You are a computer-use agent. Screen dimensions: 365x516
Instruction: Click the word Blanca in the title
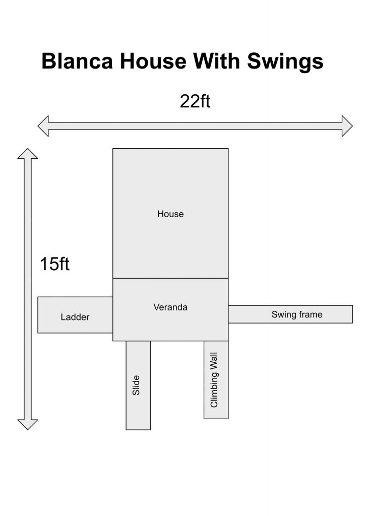[77, 61]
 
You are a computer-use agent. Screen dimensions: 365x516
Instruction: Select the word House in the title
[153, 61]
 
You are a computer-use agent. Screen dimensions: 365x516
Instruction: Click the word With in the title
[217, 61]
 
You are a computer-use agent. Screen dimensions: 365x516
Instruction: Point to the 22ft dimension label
[195, 101]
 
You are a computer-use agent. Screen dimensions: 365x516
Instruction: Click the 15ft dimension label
[54, 264]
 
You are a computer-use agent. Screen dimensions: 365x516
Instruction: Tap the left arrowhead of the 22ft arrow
[43, 126]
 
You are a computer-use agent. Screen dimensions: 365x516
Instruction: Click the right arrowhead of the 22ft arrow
[347, 126]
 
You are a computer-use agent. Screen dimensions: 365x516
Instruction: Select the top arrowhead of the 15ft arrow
[28, 154]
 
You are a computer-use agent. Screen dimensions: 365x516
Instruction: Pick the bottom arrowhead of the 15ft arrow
[28, 424]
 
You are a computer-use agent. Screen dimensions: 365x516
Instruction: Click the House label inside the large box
[170, 214]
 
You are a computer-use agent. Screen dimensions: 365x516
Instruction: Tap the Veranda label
[170, 307]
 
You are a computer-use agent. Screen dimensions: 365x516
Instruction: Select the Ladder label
[75, 317]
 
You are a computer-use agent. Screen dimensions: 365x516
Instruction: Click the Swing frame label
[297, 314]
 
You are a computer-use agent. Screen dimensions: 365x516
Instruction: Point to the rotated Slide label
[136, 385]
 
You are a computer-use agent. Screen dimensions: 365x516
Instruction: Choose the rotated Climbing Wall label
[214, 380]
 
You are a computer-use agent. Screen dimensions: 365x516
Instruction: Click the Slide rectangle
[138, 385]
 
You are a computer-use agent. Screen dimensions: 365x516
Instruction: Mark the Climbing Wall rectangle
[216, 380]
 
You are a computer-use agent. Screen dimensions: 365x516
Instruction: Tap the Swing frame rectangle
[290, 314]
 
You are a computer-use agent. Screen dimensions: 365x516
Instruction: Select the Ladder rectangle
[75, 315]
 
